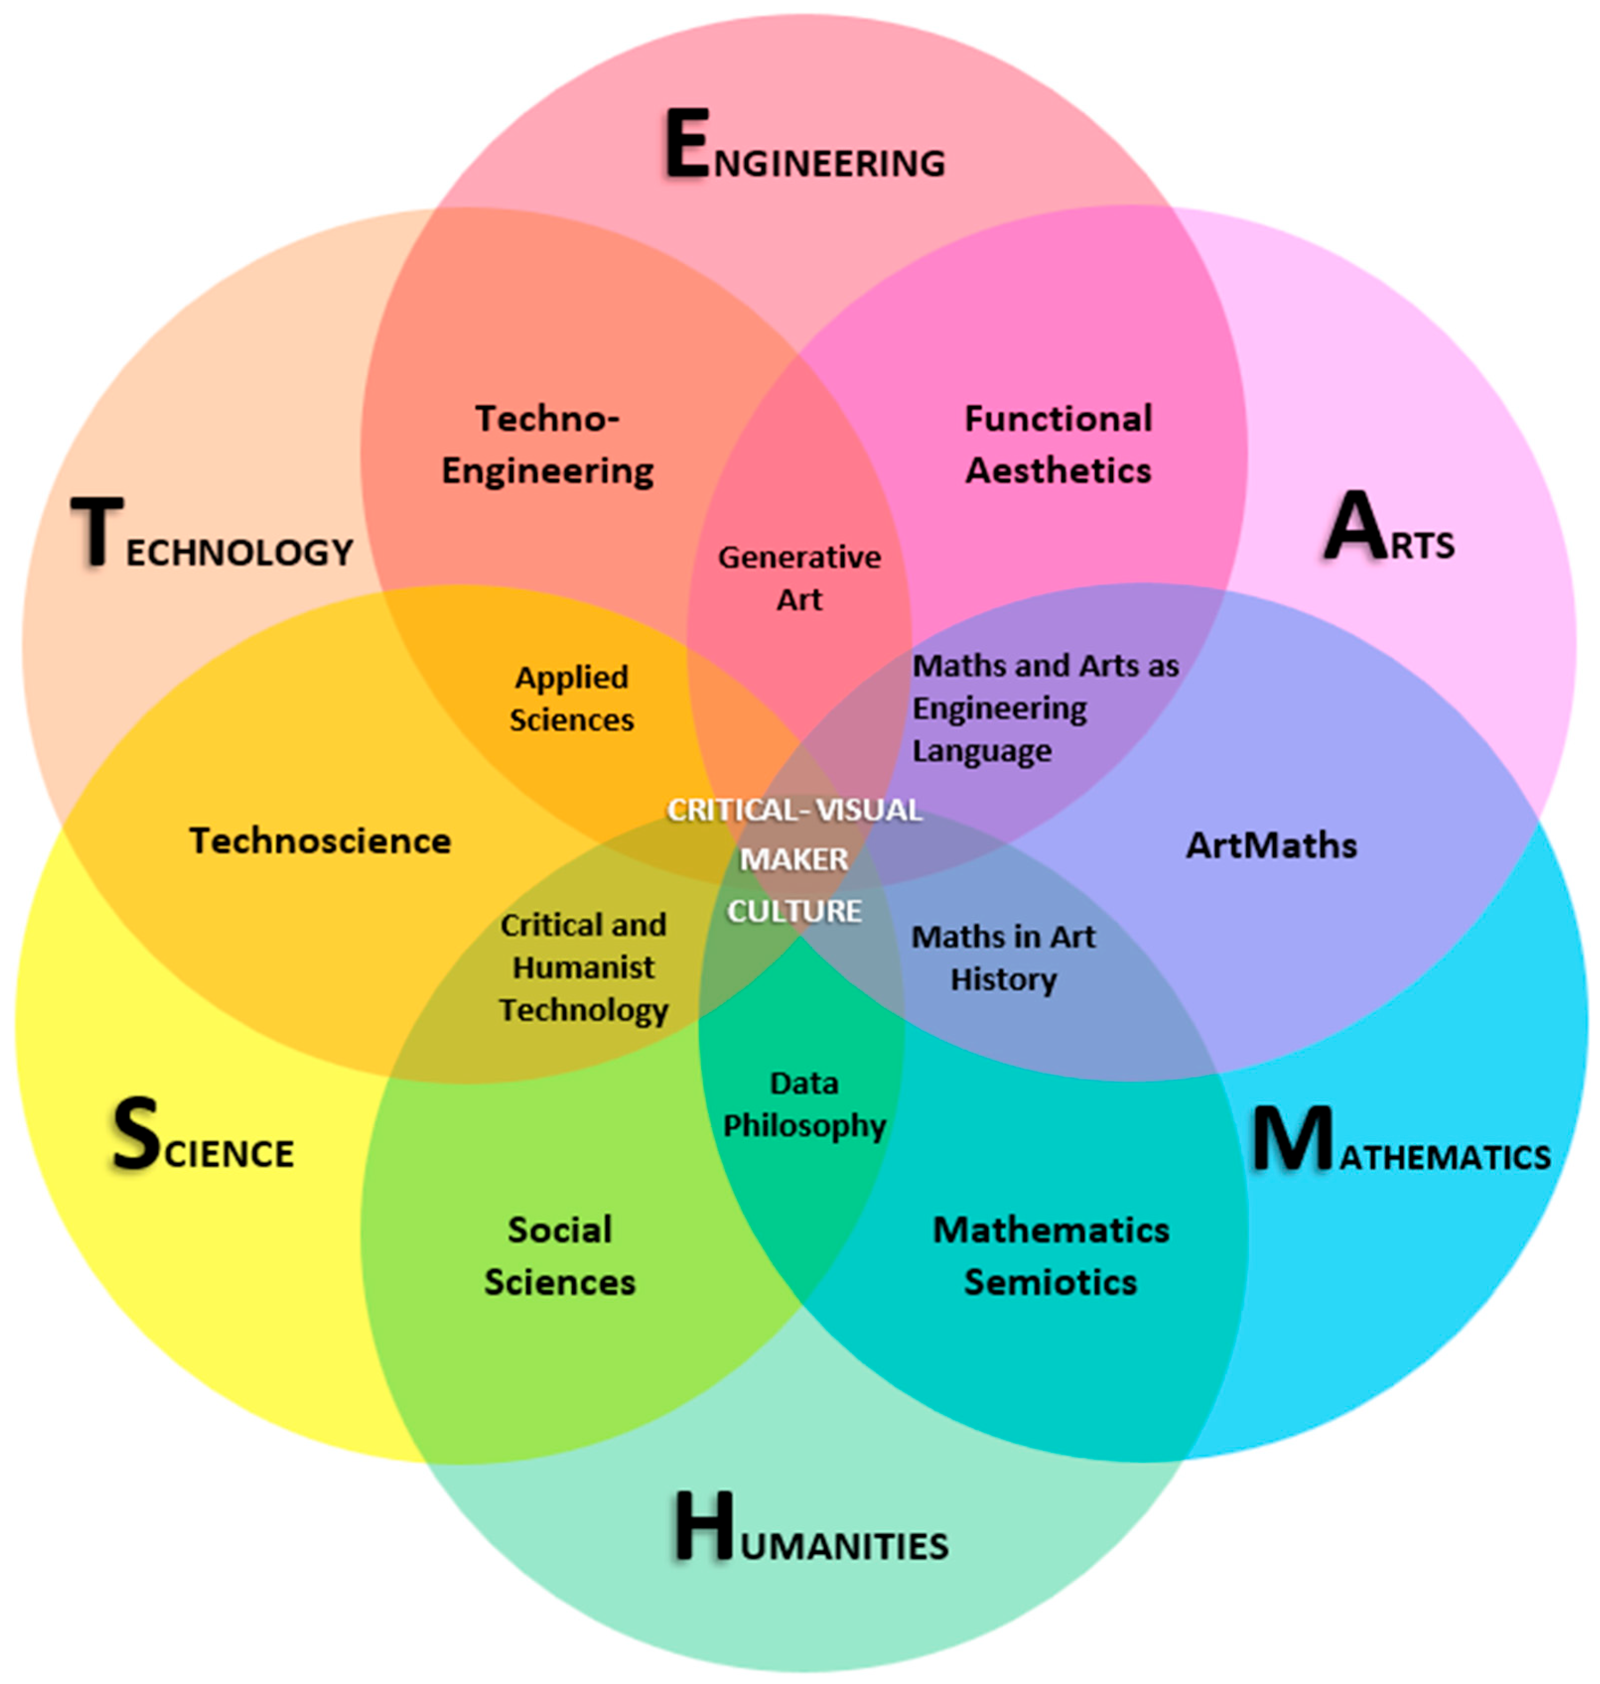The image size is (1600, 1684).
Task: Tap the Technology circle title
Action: point(211,536)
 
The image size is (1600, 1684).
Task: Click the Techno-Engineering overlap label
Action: point(547,445)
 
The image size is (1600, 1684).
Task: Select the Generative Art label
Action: point(799,578)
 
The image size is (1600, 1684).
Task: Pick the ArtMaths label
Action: point(1271,845)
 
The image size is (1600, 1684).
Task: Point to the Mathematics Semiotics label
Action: point(1051,1256)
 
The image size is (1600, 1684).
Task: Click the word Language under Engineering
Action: point(982,751)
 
